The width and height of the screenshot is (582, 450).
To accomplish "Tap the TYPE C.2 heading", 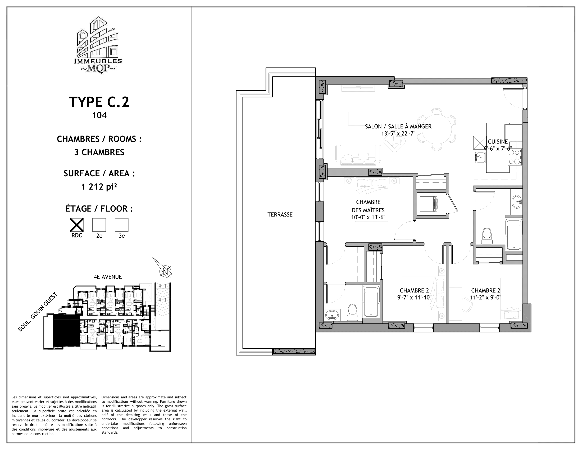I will click(99, 102).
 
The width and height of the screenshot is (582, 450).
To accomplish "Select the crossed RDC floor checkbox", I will click(76, 225).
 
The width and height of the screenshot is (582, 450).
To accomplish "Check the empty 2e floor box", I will click(99, 225).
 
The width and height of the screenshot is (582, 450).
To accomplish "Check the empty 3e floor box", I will click(121, 225).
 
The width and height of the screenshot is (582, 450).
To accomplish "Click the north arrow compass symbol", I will click(165, 270).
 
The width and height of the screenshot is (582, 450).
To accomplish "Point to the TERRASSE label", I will click(280, 215).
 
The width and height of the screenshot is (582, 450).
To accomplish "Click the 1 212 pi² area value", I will click(99, 187).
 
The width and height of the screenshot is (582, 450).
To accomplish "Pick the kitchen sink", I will click(479, 157).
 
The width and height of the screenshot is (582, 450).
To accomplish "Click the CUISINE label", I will click(498, 142).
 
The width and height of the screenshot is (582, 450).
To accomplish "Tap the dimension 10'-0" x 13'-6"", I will click(368, 217).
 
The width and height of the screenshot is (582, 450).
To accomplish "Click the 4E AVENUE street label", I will click(108, 277).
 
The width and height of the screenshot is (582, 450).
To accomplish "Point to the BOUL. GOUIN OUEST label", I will click(38, 312).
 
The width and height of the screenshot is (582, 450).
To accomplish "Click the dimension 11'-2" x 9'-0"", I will click(485, 298).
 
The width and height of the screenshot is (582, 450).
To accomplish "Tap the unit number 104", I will click(99, 115).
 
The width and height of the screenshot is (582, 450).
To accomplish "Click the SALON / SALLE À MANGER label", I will click(398, 127).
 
